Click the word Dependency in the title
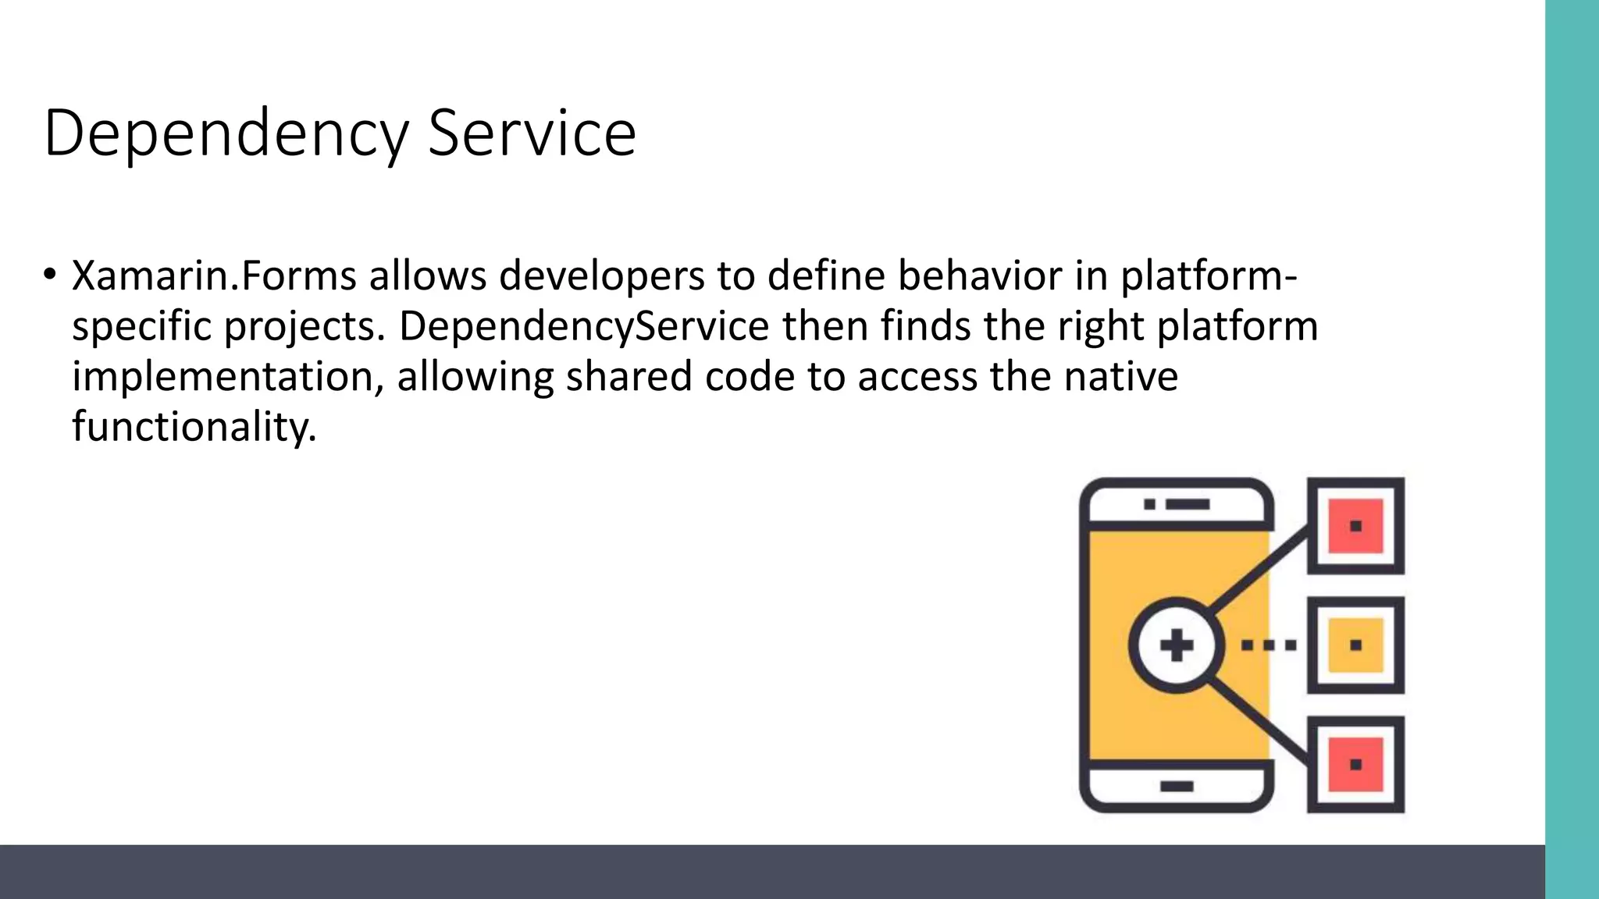[x=226, y=134]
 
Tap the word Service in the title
[x=532, y=134]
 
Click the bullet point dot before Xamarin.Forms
[x=50, y=274]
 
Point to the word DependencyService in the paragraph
[x=584, y=326]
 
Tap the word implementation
[x=227, y=377]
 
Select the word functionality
[x=194, y=427]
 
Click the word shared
[x=629, y=377]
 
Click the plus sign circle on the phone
[x=1177, y=645]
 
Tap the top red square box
[x=1355, y=525]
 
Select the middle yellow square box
[x=1355, y=645]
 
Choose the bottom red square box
[x=1355, y=764]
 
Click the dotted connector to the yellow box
[x=1269, y=645]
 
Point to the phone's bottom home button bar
[x=1177, y=786]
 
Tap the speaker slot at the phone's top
[x=1187, y=504]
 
